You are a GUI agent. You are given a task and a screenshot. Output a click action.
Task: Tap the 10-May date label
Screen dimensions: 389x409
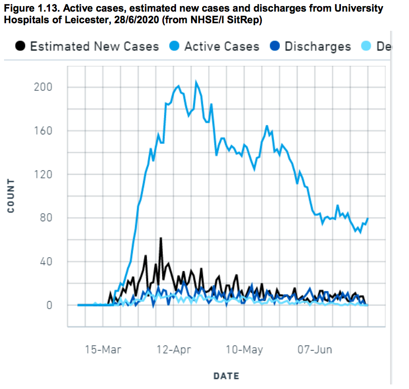(x=245, y=350)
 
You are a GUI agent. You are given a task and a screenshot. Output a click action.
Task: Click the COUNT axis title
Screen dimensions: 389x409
(x=11, y=196)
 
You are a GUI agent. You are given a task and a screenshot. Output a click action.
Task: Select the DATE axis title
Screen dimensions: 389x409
(x=226, y=376)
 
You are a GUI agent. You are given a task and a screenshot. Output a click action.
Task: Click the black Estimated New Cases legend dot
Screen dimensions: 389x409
(x=20, y=46)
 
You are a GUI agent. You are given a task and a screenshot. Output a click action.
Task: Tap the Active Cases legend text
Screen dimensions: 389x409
(x=221, y=46)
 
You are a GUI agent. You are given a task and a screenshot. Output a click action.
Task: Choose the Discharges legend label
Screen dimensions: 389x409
(x=318, y=46)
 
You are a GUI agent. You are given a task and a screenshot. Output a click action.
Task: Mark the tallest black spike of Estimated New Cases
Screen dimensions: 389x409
(x=160, y=238)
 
